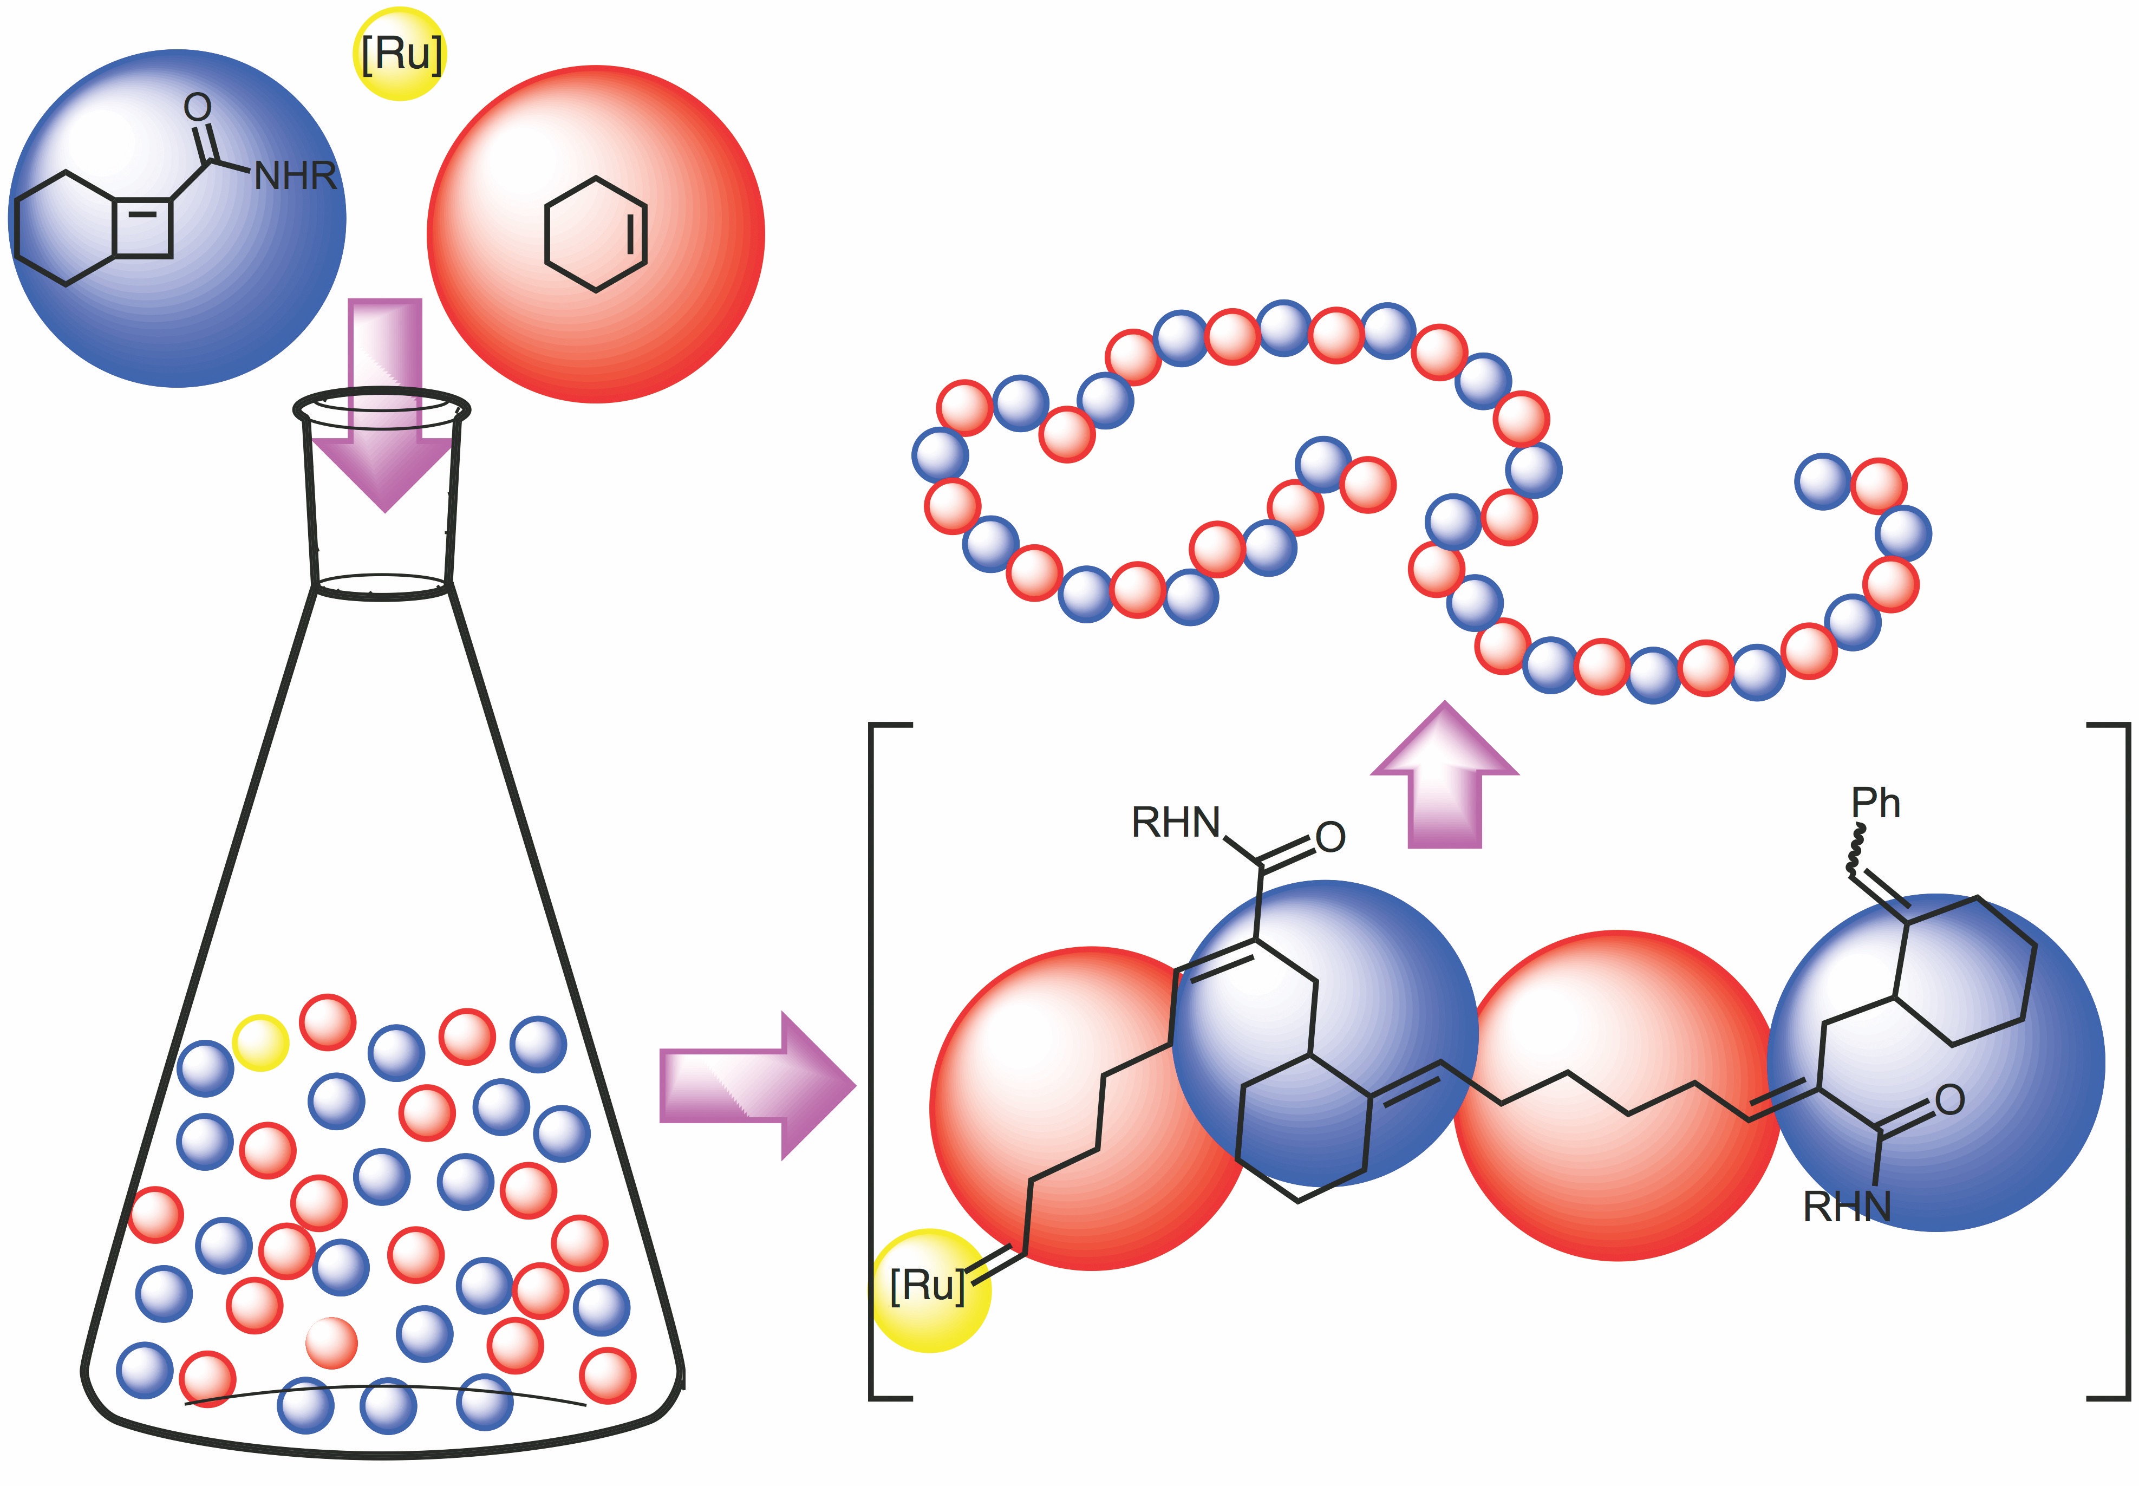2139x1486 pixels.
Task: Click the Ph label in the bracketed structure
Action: click(x=1875, y=803)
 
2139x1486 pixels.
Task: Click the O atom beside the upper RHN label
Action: click(x=1330, y=837)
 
